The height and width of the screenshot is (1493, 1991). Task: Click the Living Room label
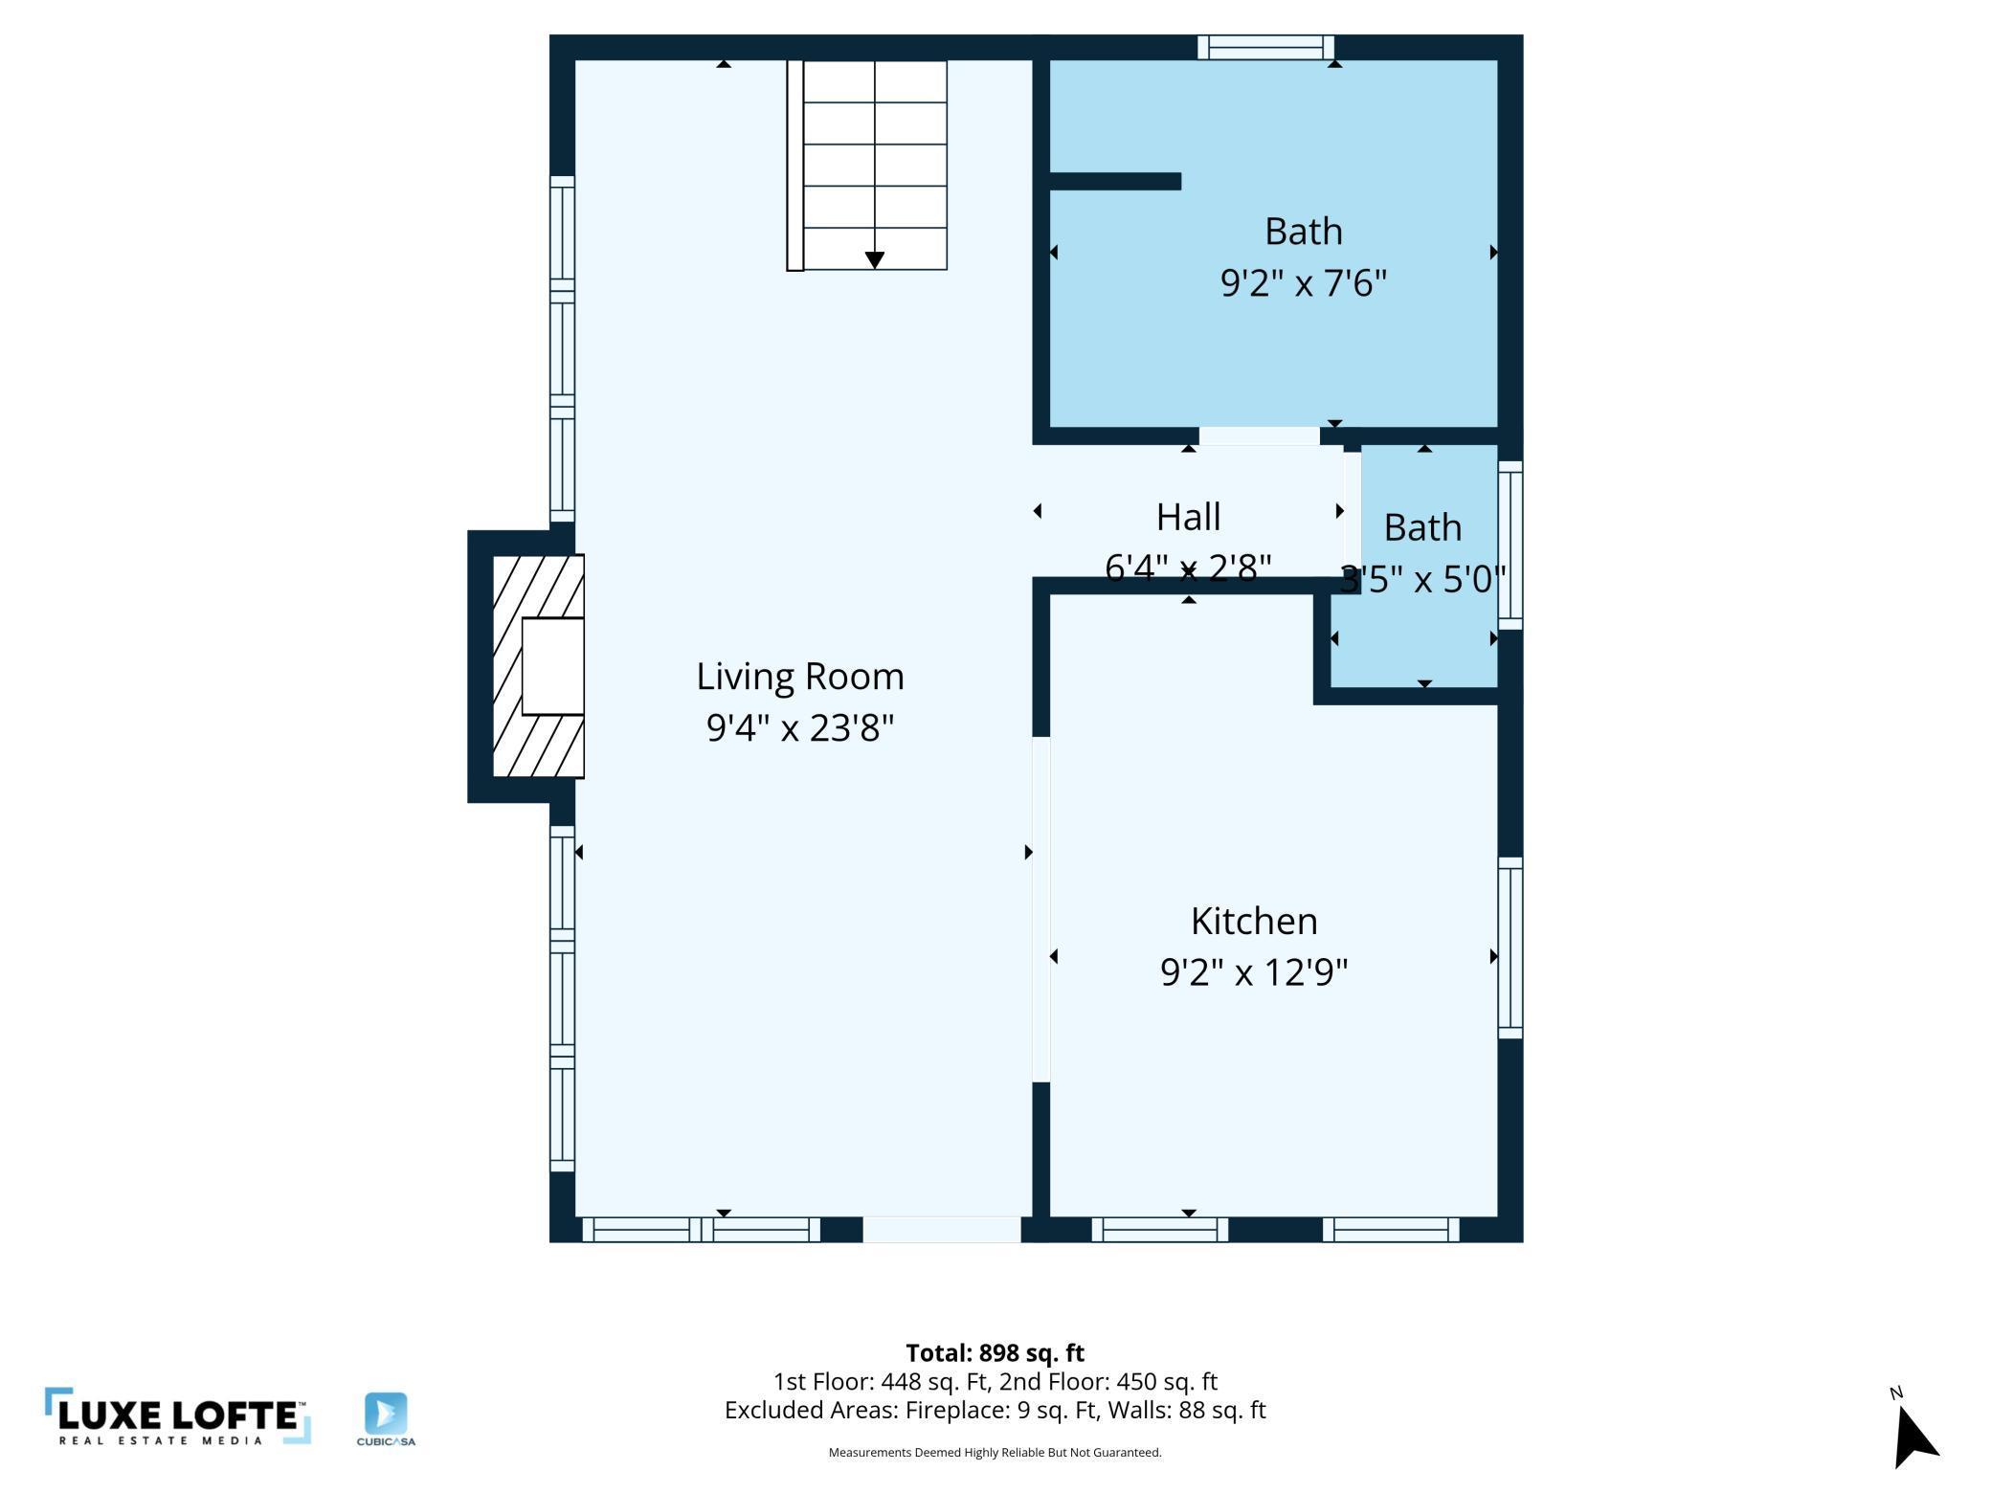coord(799,677)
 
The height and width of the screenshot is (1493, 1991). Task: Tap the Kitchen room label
coord(1254,921)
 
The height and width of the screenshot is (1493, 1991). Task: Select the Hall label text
coord(1188,517)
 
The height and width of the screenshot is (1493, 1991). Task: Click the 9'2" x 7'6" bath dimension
coord(1303,283)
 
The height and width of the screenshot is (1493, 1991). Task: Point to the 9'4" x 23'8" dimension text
coord(799,728)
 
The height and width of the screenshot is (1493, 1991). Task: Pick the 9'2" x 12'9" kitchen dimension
coord(1254,972)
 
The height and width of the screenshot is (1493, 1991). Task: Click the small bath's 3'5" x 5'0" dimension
coord(1422,579)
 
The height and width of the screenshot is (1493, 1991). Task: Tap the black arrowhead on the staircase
coord(874,260)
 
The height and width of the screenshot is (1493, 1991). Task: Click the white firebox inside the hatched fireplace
coord(552,666)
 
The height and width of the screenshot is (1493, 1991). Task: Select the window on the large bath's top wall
coord(1265,47)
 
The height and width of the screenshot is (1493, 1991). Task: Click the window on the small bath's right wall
coord(1510,546)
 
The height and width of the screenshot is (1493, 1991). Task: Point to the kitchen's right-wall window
coord(1510,947)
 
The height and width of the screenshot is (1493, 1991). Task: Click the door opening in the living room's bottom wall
coord(942,1229)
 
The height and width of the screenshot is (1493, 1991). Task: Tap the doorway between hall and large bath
coord(1259,436)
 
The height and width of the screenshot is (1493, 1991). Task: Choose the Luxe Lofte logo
coord(178,1416)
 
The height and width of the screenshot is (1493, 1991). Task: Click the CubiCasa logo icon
coord(386,1414)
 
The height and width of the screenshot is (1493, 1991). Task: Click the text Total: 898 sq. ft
coord(995,1353)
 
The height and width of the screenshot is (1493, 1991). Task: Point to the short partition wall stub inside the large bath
coord(1115,181)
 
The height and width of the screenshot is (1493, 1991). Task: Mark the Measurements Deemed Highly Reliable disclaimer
coord(995,1453)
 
